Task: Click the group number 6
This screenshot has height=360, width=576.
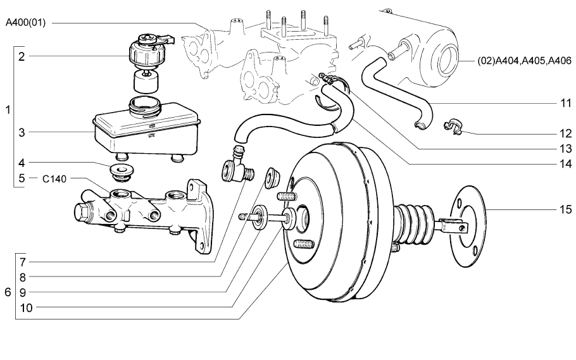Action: click(8, 292)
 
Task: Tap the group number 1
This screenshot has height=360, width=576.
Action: click(8, 110)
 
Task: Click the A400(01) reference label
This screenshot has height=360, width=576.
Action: click(25, 23)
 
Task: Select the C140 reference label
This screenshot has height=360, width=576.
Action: click(55, 179)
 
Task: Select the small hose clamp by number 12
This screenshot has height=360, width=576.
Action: click(454, 126)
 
